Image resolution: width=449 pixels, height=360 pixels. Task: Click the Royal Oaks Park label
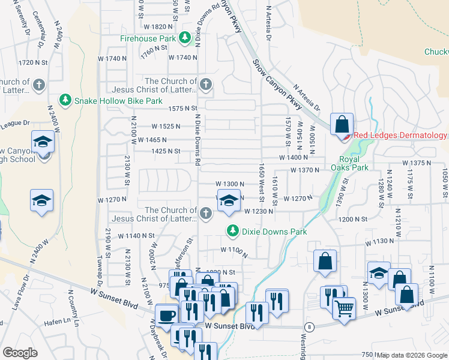coord(349,163)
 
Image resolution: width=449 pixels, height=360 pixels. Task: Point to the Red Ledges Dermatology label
coord(400,136)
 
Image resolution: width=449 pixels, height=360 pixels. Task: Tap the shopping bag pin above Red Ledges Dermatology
coord(342,125)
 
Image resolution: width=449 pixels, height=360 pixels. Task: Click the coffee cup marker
coord(166,314)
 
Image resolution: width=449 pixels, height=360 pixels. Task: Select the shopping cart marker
coord(344,309)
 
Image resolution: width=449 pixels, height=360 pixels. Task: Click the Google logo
coord(20,352)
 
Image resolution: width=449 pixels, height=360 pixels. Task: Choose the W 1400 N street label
coord(294,157)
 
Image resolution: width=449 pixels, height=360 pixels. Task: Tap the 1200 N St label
coord(352,220)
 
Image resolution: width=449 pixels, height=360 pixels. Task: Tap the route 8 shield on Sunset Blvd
coord(309,326)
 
